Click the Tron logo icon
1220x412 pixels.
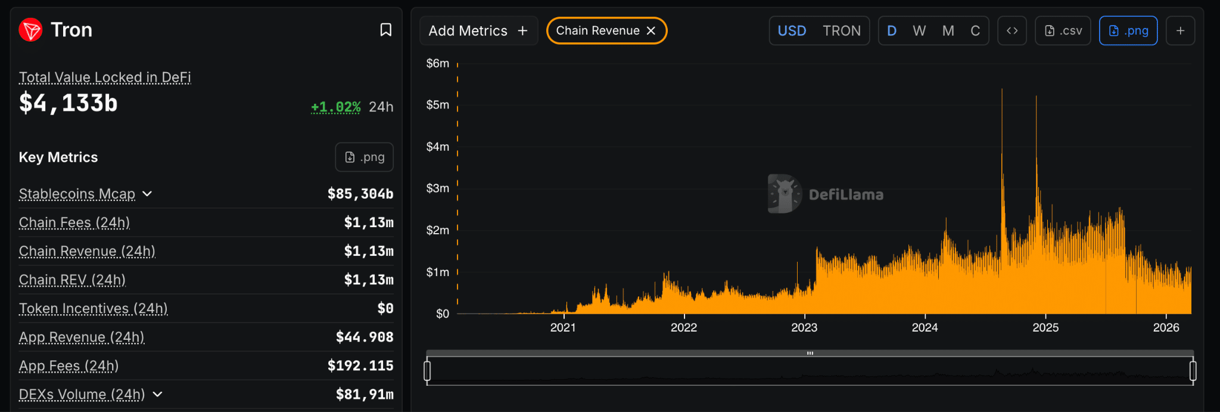[x=30, y=30]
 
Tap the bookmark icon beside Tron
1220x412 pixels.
[x=386, y=30]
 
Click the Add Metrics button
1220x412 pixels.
[x=478, y=31]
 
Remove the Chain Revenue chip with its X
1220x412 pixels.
[x=651, y=31]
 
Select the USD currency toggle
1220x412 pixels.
[x=792, y=31]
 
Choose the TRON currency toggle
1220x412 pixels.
[x=841, y=31]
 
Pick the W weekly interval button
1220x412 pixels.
[x=919, y=31]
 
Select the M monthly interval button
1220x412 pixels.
[x=948, y=31]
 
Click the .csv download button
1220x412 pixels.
[x=1063, y=31]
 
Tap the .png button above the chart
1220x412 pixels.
[x=1128, y=31]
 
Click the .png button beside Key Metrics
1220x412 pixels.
[x=365, y=157]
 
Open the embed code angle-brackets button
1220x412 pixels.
[x=1012, y=31]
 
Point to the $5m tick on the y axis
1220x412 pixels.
[x=438, y=105]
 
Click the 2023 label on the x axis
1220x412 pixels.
[x=804, y=327]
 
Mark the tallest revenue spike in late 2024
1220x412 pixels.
[x=1002, y=91]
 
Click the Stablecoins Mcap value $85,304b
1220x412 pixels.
[x=360, y=194]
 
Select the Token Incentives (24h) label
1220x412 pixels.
[x=94, y=308]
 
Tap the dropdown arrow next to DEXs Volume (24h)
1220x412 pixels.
[x=158, y=394]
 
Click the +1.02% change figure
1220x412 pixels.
[x=336, y=107]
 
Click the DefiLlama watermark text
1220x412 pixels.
[x=846, y=194]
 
